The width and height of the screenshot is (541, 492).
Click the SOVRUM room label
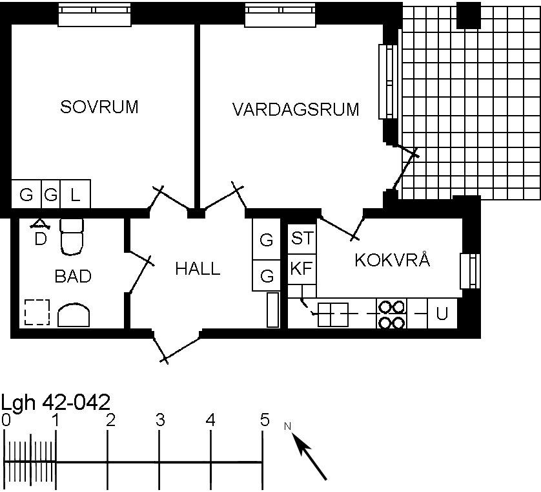[99, 107]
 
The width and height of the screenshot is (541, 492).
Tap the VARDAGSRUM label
[296, 109]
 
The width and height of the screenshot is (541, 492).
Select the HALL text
[198, 269]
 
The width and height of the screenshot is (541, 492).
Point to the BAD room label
[73, 276]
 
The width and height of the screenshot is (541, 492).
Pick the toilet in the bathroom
[72, 237]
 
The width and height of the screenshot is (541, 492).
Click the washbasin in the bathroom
[74, 315]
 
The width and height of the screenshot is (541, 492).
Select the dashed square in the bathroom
[37, 312]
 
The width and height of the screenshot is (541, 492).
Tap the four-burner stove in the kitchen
[392, 314]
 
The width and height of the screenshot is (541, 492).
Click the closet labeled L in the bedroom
[76, 194]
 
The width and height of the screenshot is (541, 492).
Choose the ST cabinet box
[302, 239]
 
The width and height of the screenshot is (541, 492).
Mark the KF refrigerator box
[302, 269]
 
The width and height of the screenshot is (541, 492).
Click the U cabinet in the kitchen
[442, 314]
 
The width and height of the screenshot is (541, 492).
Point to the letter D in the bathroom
[41, 239]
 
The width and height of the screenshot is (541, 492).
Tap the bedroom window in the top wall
[94, 14]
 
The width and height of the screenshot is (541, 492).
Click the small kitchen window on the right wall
[470, 272]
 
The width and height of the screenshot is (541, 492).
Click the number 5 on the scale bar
[265, 420]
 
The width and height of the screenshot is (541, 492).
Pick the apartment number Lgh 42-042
[56, 403]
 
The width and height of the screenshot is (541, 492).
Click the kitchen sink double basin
[333, 314]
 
